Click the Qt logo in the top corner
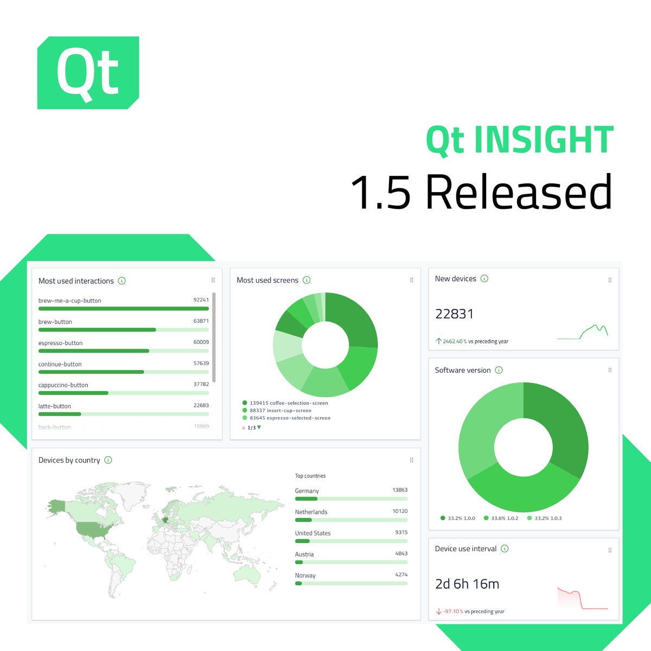tap(88, 73)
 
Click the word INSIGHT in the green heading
tap(544, 141)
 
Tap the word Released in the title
tap(518, 192)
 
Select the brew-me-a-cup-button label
tap(69, 301)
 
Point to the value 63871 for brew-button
tap(201, 321)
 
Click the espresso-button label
tap(60, 343)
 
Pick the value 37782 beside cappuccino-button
tap(201, 384)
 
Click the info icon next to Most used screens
tap(307, 280)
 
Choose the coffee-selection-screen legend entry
tap(288, 403)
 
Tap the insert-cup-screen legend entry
tap(280, 411)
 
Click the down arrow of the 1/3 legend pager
tap(259, 427)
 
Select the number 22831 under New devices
tap(454, 314)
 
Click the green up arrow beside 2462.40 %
tap(438, 341)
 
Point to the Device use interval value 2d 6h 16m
tap(467, 584)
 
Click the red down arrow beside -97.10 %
tap(438, 611)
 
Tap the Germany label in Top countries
tap(307, 491)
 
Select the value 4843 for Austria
tap(401, 553)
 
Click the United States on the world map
tap(90, 529)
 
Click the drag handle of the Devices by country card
tap(411, 460)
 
